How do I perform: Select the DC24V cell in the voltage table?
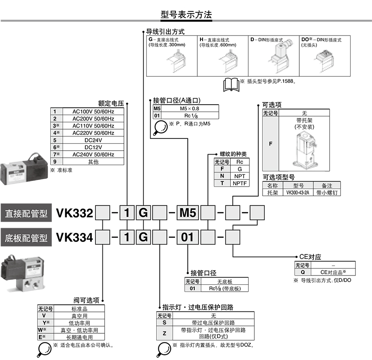click(x=93, y=140)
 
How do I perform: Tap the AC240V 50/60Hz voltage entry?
click(x=93, y=155)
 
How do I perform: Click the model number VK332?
click(x=74, y=213)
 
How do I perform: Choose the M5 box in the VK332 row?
click(x=188, y=213)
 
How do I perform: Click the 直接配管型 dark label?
click(x=26, y=214)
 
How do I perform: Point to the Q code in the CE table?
click(x=302, y=272)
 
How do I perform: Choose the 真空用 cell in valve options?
click(x=79, y=315)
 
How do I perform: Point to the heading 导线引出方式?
click(x=165, y=32)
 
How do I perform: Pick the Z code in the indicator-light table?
click(x=164, y=333)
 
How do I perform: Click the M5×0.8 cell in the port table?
click(x=190, y=109)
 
